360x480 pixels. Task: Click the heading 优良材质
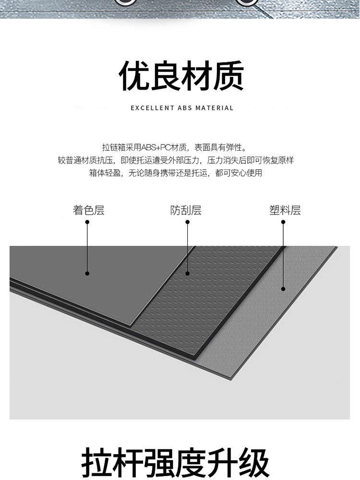click(x=181, y=76)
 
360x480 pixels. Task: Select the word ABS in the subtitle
click(x=185, y=108)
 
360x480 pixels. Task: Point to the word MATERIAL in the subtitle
click(x=214, y=108)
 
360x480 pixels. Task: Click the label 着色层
click(x=89, y=210)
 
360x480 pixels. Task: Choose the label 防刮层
click(x=186, y=210)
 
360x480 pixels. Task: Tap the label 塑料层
click(x=285, y=210)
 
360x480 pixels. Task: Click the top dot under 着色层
click(x=87, y=222)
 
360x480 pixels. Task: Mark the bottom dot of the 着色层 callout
click(x=87, y=274)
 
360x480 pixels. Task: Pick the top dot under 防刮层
click(x=188, y=222)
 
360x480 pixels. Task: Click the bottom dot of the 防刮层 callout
click(x=188, y=274)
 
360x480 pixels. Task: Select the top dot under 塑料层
click(x=283, y=222)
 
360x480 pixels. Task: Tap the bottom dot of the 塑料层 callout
click(x=283, y=288)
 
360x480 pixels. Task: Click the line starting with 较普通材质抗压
click(x=176, y=160)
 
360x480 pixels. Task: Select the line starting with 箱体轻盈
click(x=176, y=173)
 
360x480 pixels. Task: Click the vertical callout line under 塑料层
click(x=283, y=255)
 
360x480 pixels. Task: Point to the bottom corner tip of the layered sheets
click(x=229, y=381)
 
